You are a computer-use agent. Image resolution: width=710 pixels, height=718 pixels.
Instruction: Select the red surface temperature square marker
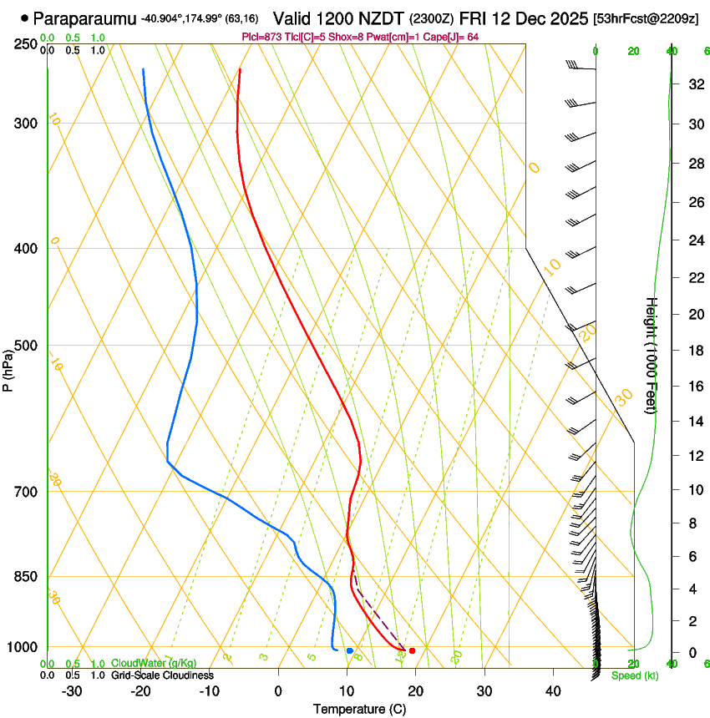pos(412,650)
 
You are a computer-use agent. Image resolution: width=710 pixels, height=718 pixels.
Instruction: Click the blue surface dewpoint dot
pos(349,650)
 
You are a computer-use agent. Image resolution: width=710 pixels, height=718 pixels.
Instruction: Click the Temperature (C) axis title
pos(359,710)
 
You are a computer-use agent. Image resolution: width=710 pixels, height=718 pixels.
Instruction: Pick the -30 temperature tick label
pos(72,691)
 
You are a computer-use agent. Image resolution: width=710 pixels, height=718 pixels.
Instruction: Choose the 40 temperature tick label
pos(553,691)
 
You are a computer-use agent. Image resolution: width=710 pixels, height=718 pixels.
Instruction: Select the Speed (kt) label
pos(634,675)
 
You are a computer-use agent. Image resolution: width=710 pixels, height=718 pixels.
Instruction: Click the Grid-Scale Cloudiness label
pos(162,675)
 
